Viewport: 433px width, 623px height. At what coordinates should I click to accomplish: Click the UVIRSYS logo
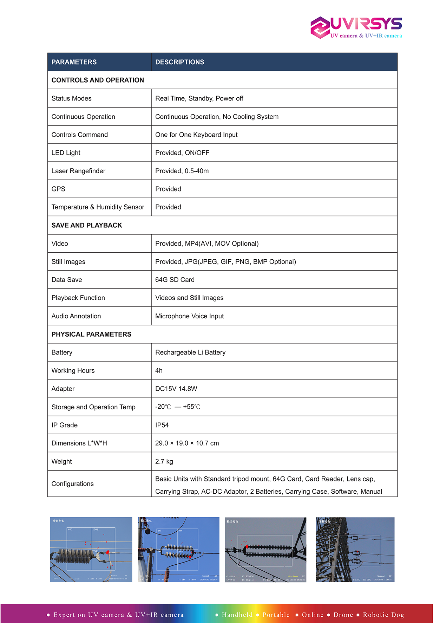tap(356, 27)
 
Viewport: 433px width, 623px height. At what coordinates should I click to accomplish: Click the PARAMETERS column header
tap(74, 62)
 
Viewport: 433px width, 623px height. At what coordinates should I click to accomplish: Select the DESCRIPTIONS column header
tap(179, 62)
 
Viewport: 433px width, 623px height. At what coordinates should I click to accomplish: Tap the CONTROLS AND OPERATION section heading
tap(98, 80)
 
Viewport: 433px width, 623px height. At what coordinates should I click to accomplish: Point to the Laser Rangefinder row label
tap(78, 171)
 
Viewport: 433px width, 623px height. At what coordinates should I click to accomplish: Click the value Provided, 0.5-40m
tap(182, 171)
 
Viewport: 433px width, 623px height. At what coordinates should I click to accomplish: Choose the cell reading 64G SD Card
tap(175, 280)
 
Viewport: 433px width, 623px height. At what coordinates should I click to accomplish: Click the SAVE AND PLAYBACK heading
tap(87, 225)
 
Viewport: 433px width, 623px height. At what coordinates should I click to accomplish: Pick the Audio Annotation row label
tap(76, 316)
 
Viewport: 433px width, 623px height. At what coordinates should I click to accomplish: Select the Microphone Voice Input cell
tap(189, 316)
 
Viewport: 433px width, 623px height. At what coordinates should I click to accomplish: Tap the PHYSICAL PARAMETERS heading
tap(91, 334)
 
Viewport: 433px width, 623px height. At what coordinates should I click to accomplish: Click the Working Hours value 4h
tap(159, 371)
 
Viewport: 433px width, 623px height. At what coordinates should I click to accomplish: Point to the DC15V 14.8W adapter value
tap(176, 389)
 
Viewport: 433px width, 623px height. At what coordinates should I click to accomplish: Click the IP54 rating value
tap(162, 425)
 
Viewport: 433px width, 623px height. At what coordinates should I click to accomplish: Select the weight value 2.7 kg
tap(164, 461)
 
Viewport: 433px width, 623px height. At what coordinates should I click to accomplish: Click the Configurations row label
tap(73, 484)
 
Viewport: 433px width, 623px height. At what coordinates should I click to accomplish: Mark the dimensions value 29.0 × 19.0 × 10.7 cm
tap(187, 443)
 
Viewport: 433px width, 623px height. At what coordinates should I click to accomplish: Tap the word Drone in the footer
tap(343, 615)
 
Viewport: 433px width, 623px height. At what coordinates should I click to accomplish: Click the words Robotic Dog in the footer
tap(383, 615)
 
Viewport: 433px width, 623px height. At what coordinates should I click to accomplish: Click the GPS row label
tap(58, 189)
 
